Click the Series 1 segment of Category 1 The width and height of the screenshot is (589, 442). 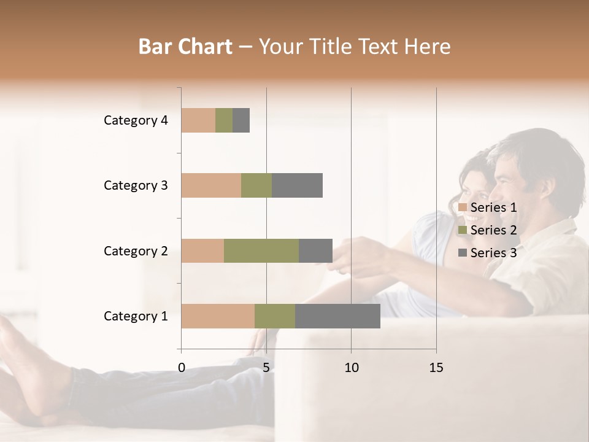[218, 316]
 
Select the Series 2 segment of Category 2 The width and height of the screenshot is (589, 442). [261, 250]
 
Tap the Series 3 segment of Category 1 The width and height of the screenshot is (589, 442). [337, 316]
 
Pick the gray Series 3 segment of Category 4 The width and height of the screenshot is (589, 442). [241, 120]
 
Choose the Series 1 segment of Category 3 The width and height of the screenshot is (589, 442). [211, 185]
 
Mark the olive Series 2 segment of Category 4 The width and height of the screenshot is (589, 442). [224, 120]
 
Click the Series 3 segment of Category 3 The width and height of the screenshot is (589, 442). [297, 185]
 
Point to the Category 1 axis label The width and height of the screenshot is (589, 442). [136, 316]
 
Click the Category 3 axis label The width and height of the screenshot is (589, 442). [136, 185]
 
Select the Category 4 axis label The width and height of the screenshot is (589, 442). [136, 120]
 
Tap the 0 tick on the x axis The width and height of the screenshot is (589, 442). [182, 368]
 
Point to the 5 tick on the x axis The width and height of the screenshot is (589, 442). [266, 368]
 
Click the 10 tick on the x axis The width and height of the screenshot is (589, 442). [351, 368]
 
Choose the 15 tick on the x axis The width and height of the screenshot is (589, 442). [436, 368]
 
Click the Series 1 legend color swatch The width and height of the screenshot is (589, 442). [462, 207]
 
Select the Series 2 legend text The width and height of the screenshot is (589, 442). [493, 230]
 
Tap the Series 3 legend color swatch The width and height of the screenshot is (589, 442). [462, 253]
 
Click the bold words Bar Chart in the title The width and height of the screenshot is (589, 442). [185, 46]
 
